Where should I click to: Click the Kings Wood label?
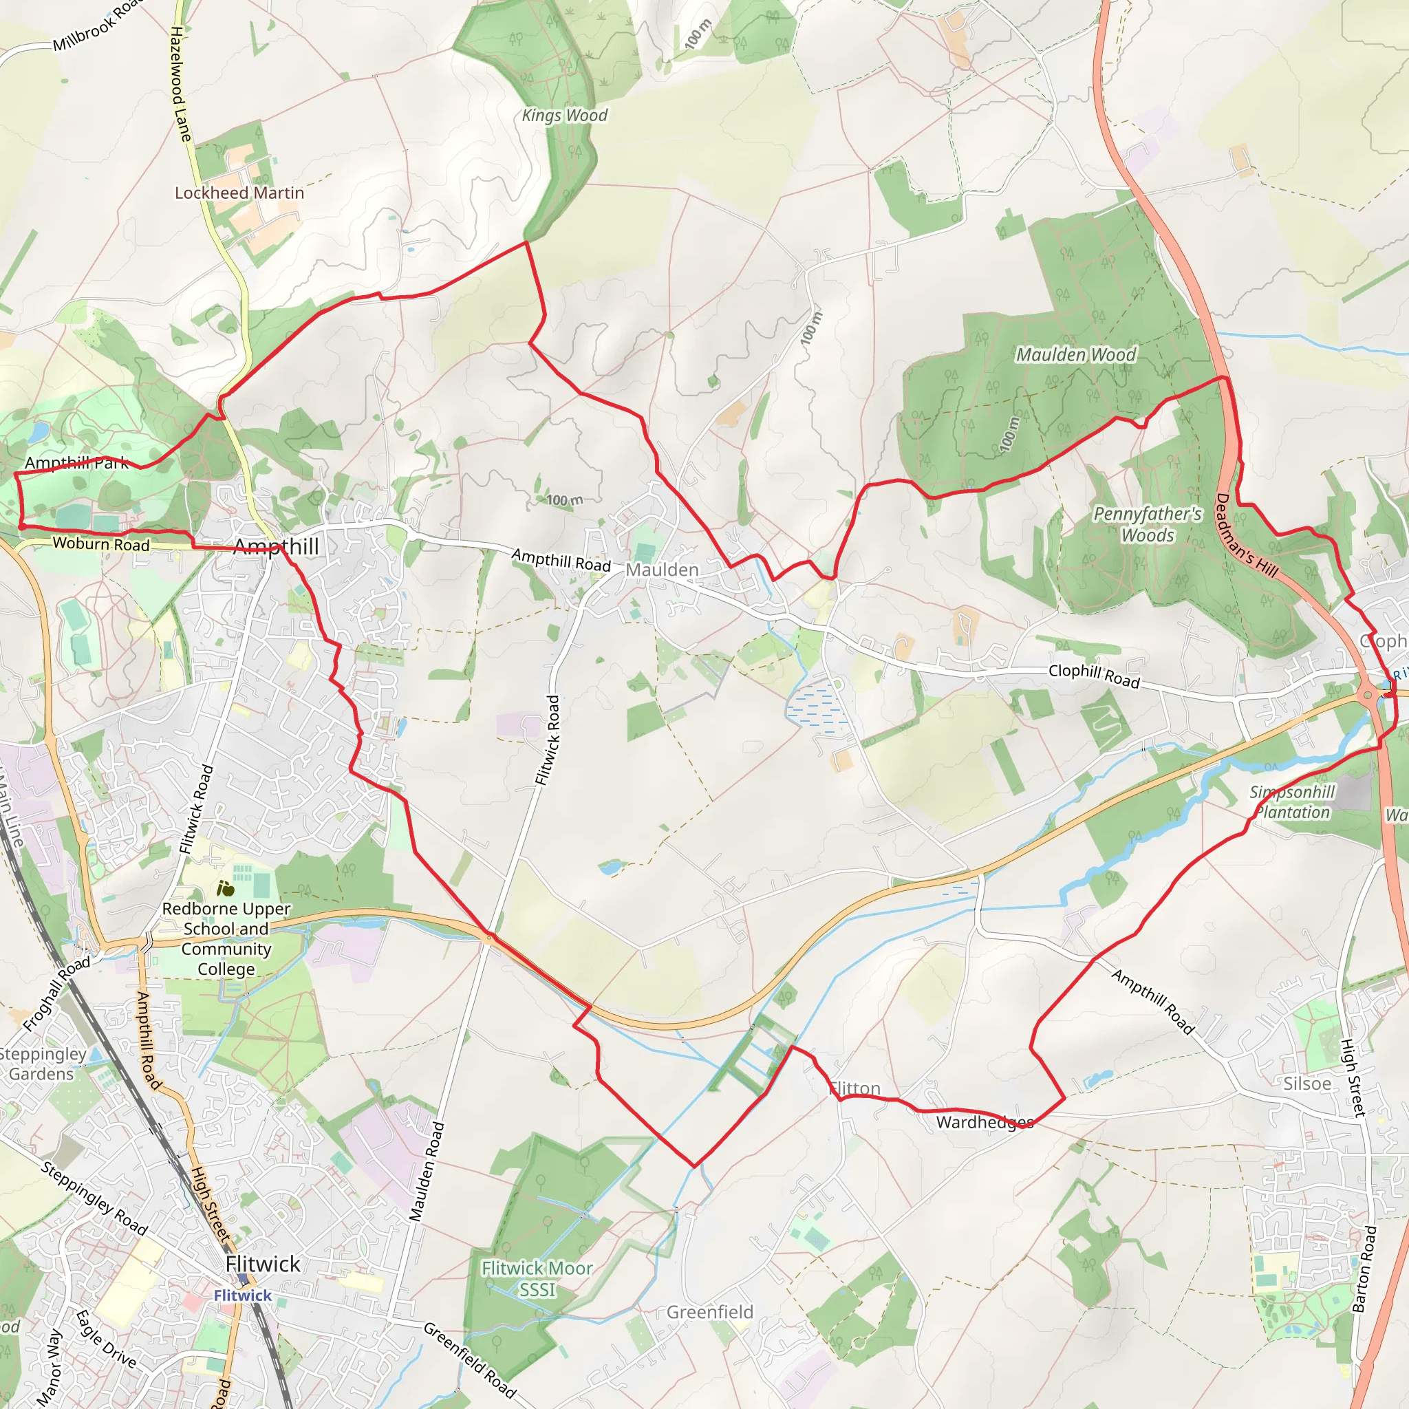click(x=564, y=115)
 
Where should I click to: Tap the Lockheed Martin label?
click(x=239, y=193)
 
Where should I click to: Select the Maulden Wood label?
click(x=1076, y=354)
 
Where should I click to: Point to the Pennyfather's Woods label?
click(x=1147, y=524)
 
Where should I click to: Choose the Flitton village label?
click(x=854, y=1089)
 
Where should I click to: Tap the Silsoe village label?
click(x=1307, y=1084)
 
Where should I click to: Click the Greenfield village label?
click(x=709, y=1312)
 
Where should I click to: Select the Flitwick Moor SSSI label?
click(x=537, y=1278)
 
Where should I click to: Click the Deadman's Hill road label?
click(x=1247, y=536)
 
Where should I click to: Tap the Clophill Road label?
click(x=1093, y=676)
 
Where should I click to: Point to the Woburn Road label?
click(x=100, y=544)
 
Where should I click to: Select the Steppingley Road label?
click(x=94, y=1198)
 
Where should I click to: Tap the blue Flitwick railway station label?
click(x=242, y=1295)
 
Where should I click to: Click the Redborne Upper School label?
click(x=226, y=938)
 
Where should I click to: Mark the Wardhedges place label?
click(x=985, y=1122)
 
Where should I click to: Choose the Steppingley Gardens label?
click(x=41, y=1064)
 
